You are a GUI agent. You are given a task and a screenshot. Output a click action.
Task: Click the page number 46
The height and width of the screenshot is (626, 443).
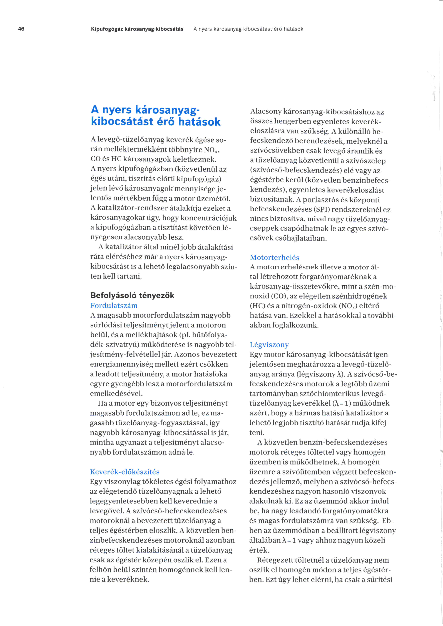click(21, 29)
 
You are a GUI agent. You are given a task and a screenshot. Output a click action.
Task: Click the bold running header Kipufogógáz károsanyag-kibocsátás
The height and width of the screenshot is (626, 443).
click(137, 29)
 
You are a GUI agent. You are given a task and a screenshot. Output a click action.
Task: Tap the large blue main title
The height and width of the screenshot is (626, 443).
click(155, 116)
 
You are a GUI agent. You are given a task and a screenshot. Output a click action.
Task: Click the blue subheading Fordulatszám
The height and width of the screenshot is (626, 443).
click(114, 305)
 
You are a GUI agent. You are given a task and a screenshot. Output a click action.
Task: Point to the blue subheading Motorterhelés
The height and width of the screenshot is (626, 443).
click(274, 257)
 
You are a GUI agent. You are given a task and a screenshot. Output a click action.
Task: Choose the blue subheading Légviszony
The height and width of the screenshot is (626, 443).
click(269, 345)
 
